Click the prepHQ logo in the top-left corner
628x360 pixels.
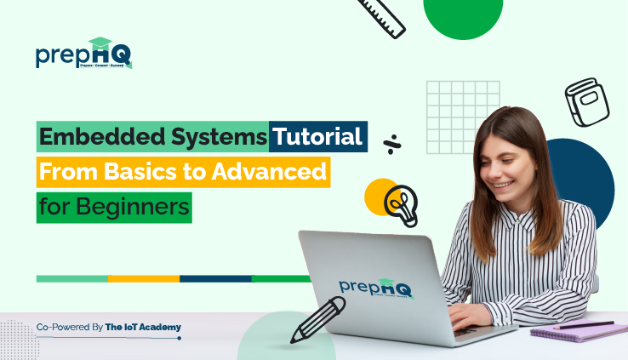83,54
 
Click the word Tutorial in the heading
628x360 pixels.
318,136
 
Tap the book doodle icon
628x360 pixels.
586,101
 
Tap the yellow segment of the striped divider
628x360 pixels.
144,278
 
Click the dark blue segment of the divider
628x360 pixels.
215,278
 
